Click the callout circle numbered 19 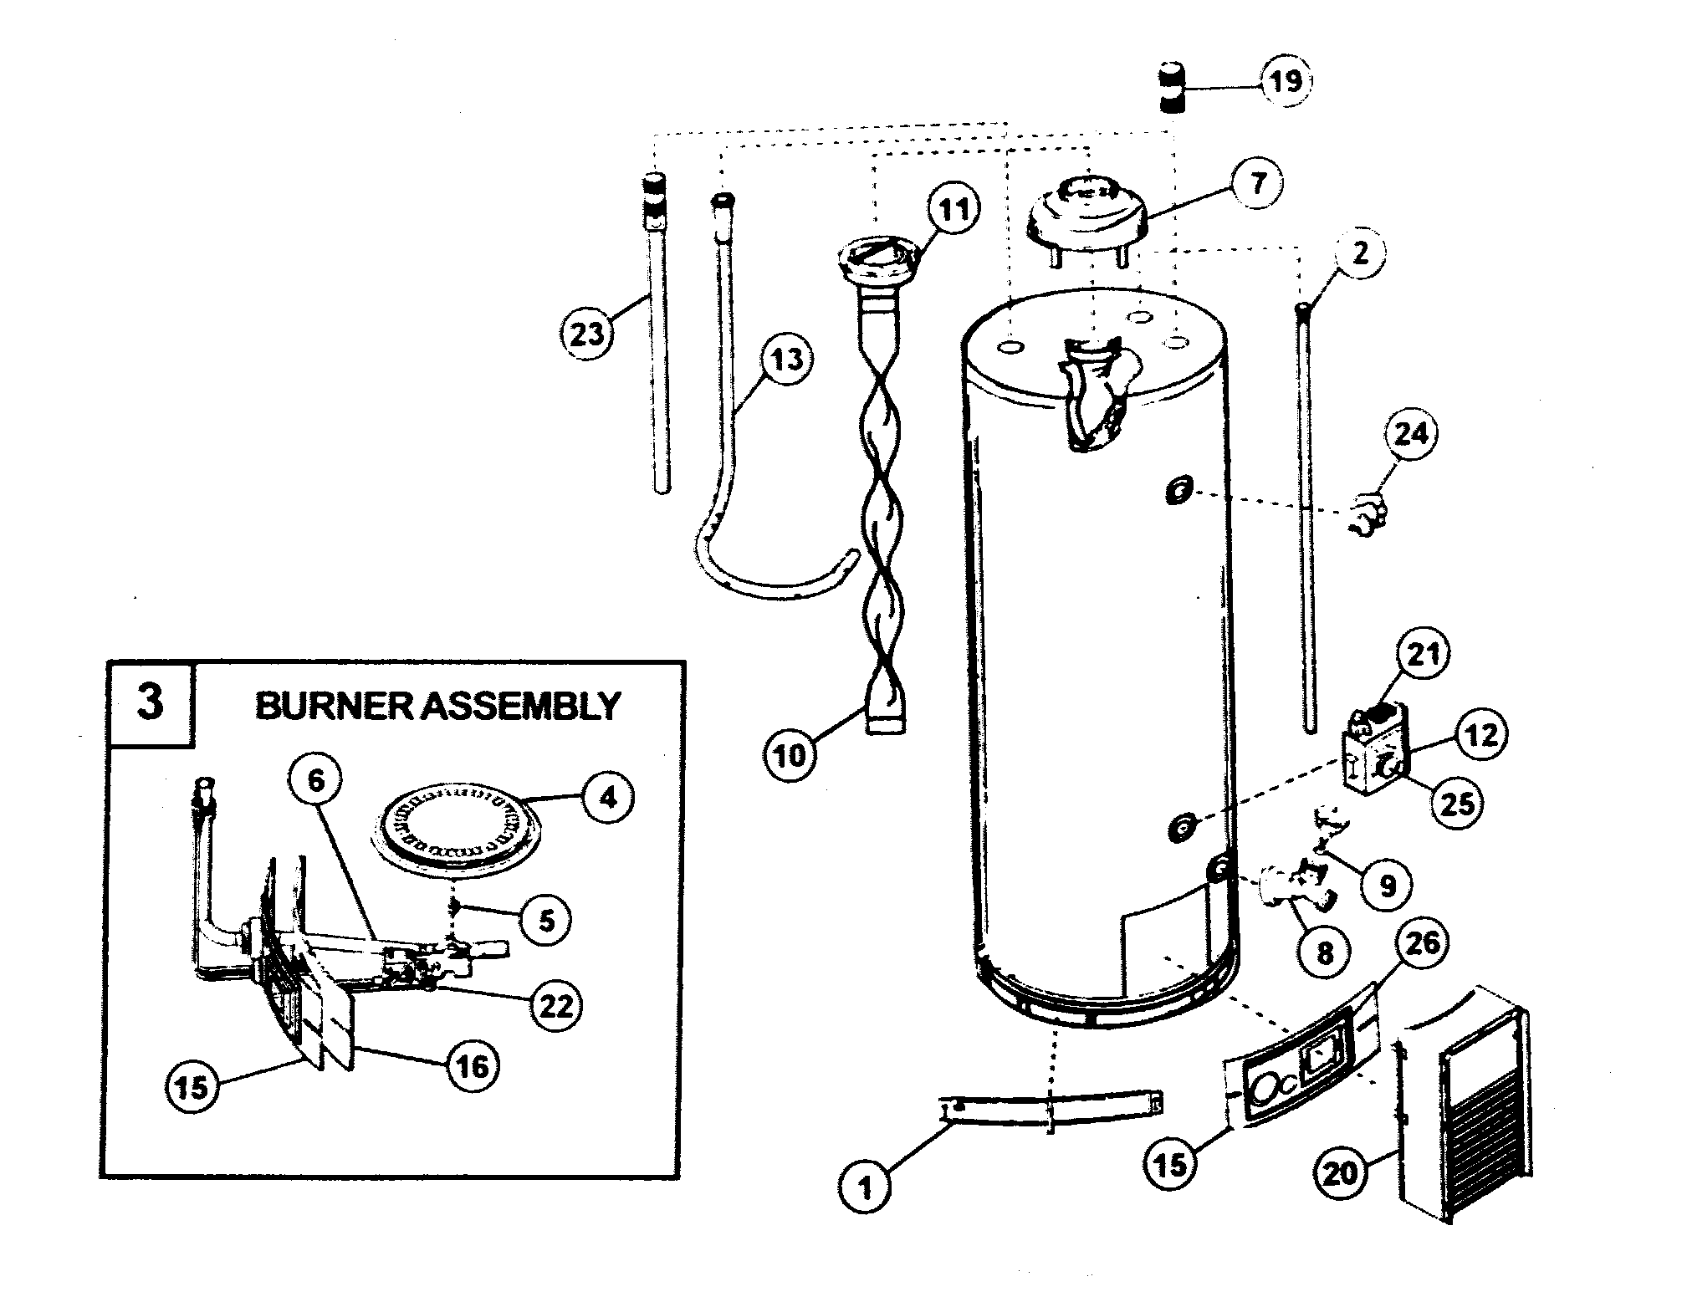[x=1286, y=82]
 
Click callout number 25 [x=1455, y=802]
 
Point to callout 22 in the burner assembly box [x=556, y=1006]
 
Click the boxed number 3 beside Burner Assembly [x=150, y=702]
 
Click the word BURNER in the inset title [x=332, y=706]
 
